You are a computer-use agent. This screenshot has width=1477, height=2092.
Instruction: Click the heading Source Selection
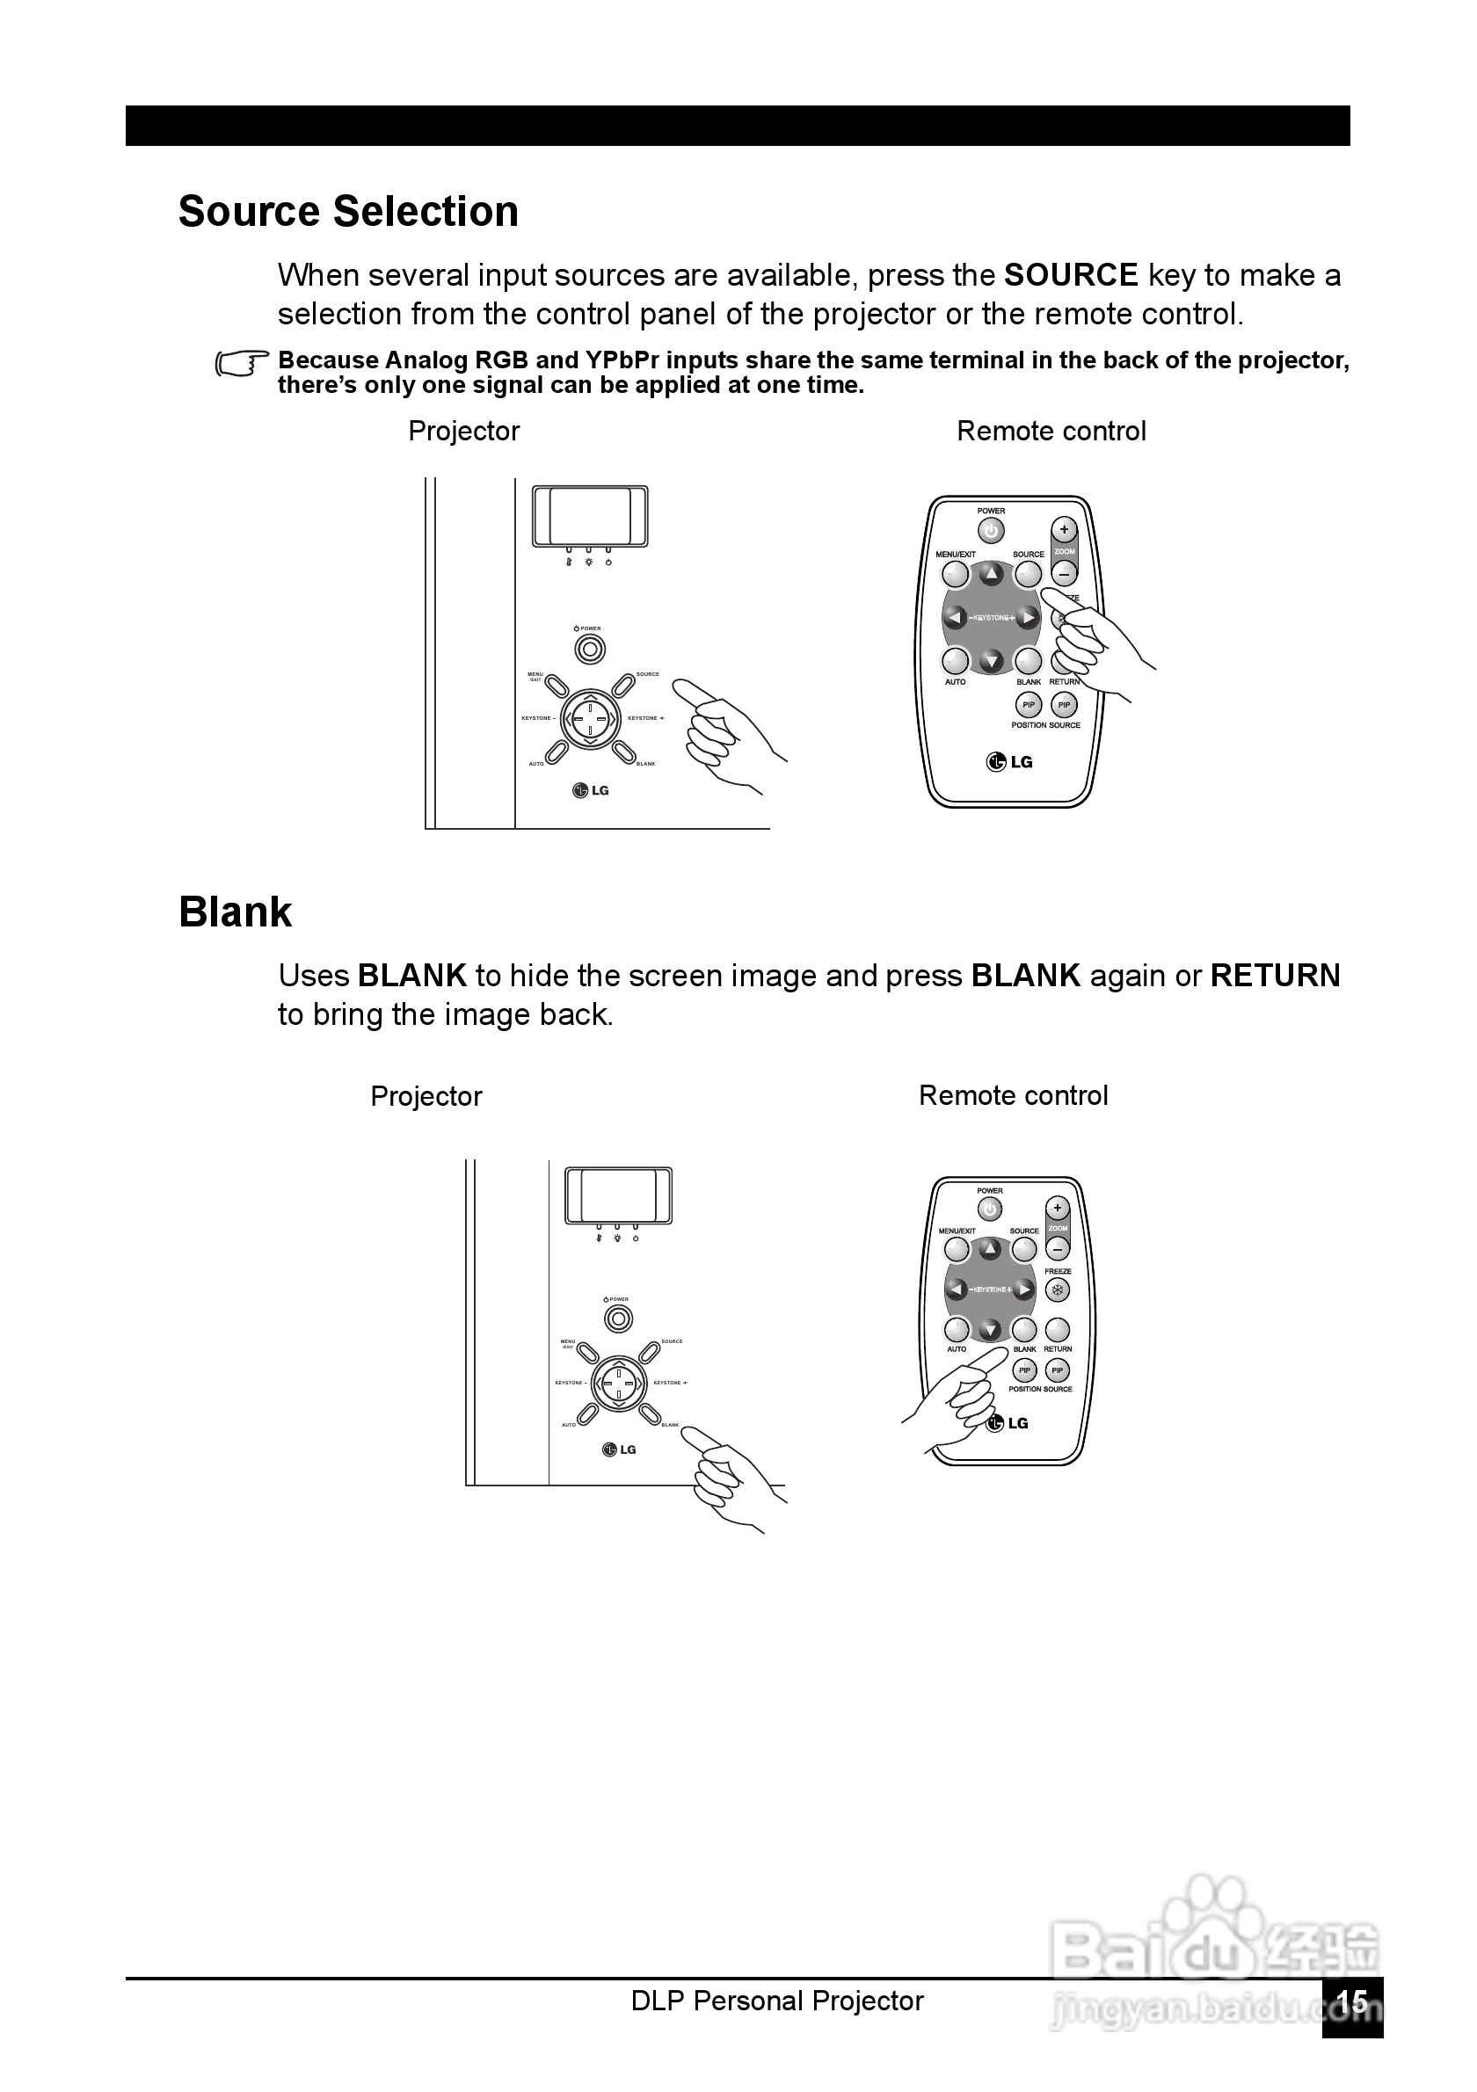pos(348,211)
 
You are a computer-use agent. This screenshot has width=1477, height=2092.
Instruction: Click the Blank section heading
pos(235,912)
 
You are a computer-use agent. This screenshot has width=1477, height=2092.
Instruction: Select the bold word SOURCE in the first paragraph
pos(1071,275)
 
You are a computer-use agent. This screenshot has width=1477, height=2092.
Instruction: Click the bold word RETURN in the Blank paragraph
pos(1275,976)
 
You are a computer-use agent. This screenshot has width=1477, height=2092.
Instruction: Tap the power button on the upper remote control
pos(991,530)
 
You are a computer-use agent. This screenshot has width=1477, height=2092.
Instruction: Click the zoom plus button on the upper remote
pos(1063,529)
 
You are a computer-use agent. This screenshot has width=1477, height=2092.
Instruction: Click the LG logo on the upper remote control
pos(1008,762)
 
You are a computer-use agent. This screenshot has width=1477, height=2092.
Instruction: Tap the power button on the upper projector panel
pos(591,649)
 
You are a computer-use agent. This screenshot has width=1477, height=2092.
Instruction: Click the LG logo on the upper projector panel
pos(591,790)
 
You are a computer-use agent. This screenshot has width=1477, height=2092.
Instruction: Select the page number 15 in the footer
pos(1352,2001)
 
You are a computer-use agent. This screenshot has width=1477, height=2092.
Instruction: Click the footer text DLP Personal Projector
pos(777,2001)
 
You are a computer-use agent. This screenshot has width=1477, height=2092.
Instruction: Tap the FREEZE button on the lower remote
pos(1057,1290)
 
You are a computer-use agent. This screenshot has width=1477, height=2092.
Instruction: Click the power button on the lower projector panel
pos(619,1318)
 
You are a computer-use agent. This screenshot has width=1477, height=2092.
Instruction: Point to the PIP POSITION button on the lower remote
pos(1024,1370)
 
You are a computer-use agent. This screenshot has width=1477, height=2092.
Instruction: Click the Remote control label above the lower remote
pos(1013,1095)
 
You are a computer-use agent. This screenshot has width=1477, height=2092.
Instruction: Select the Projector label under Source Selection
pos(464,431)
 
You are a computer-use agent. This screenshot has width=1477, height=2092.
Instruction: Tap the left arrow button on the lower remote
pos(956,1289)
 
